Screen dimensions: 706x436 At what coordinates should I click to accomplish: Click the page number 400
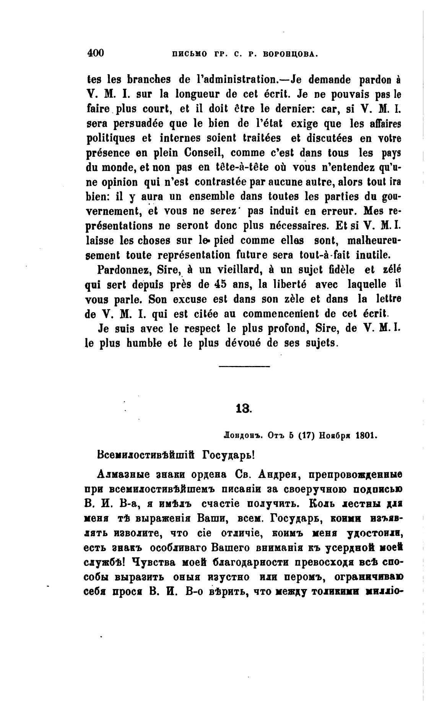(96, 53)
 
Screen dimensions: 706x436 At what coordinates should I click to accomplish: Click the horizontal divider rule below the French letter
(244, 367)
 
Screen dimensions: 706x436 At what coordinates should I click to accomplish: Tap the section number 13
(244, 409)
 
